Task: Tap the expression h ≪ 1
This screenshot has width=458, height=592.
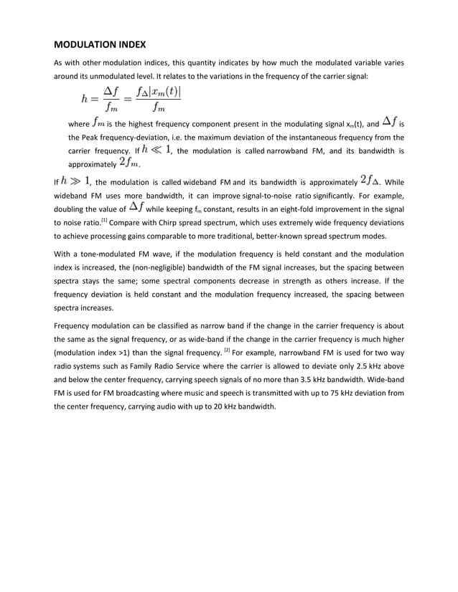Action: click(157, 150)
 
